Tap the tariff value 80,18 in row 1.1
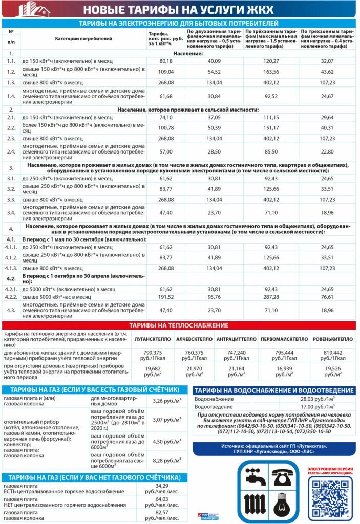coord(166,61)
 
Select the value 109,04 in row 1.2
coord(166,72)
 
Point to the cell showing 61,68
coord(166,96)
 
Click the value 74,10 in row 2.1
coord(166,117)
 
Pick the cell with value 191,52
coord(166,296)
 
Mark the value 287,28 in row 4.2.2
coord(271,296)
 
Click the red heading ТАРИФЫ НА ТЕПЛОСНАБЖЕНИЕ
coord(179,325)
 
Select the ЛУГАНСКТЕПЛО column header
coord(153,339)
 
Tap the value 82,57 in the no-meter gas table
coord(162,515)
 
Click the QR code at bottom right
coord(330,496)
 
